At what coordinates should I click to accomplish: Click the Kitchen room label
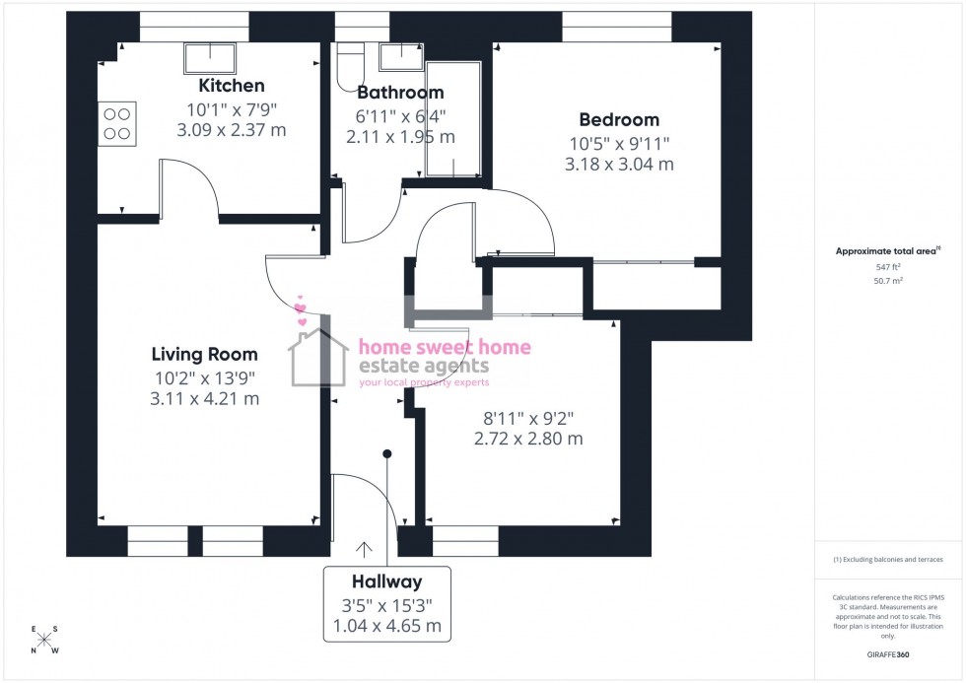(x=231, y=86)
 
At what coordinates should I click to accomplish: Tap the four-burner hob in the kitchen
(x=117, y=123)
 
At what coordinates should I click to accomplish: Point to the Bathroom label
(x=400, y=93)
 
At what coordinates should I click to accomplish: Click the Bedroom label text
(x=619, y=120)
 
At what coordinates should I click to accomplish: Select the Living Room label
(x=204, y=354)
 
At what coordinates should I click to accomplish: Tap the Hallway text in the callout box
(x=386, y=581)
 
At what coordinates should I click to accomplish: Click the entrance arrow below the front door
(x=365, y=549)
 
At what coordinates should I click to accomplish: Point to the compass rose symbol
(x=44, y=640)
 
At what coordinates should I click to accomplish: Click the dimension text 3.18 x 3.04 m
(x=619, y=165)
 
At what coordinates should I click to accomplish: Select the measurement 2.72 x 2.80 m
(x=528, y=439)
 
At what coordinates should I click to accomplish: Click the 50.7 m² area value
(x=889, y=281)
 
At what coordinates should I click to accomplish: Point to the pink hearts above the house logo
(x=302, y=311)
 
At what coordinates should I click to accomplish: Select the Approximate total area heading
(x=888, y=251)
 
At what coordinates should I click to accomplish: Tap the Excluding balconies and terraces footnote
(x=888, y=560)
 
